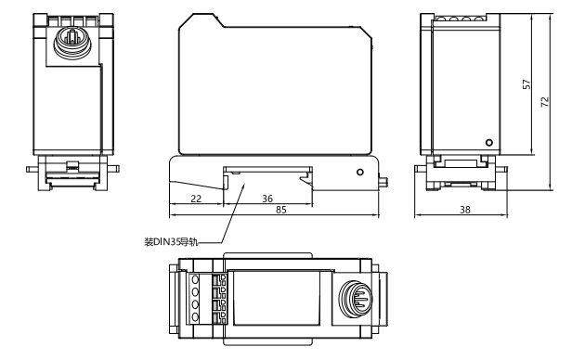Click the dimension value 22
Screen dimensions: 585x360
[x=196, y=199]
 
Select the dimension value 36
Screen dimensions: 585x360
[x=267, y=199]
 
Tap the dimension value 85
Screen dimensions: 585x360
[x=281, y=211]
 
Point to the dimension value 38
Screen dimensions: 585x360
[x=465, y=211]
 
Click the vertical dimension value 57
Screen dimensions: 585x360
[x=526, y=84]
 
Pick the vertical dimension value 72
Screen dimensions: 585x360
[x=545, y=102]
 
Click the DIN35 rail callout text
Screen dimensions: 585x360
[x=171, y=242]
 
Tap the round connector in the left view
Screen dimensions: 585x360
[x=72, y=42]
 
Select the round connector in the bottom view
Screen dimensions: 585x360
[x=356, y=299]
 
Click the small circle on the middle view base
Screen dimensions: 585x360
[x=360, y=173]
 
